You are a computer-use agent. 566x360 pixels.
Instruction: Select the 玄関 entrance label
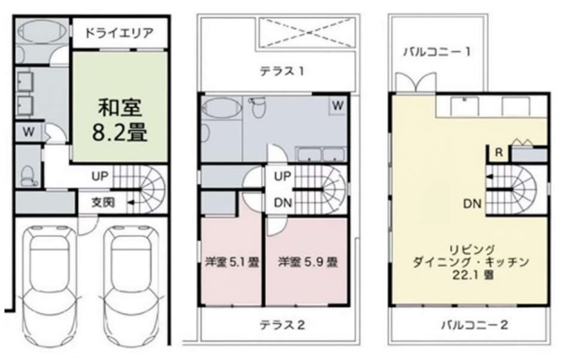101,203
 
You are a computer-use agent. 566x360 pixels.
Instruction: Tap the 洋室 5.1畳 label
231,263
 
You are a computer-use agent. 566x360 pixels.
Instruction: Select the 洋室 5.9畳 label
307,263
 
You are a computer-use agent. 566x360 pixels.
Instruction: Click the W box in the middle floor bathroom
338,106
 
